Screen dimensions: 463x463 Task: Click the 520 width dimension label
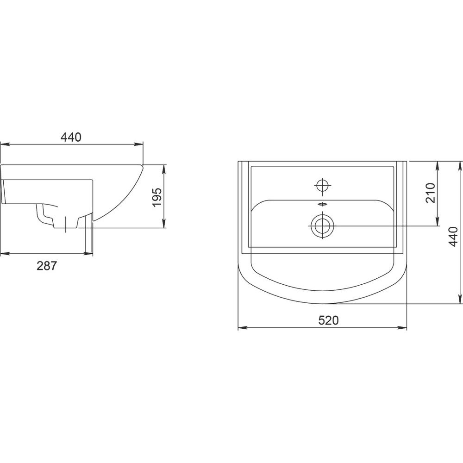click(328, 320)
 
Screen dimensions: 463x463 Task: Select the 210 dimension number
click(431, 193)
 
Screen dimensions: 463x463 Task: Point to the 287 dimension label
click(46, 266)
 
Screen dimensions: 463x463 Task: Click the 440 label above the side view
click(71, 137)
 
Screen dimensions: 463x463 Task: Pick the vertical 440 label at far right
click(453, 237)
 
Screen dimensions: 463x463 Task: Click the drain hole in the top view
click(322, 226)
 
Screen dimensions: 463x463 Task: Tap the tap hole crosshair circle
click(322, 186)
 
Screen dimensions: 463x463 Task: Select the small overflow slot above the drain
click(322, 204)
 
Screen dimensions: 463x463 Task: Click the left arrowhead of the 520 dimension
click(243, 327)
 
